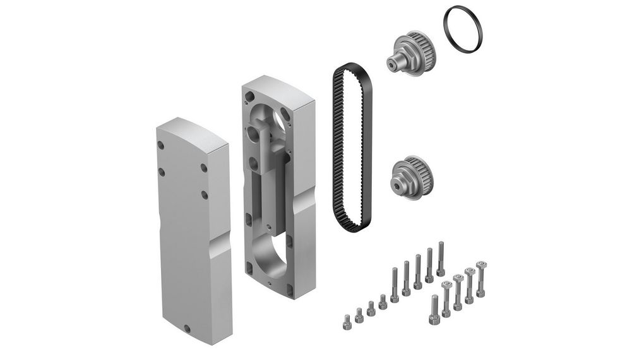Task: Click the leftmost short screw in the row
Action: point(347,321)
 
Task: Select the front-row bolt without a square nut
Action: point(434,309)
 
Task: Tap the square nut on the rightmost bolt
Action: point(481,263)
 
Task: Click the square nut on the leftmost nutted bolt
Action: point(446,285)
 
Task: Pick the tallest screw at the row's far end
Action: point(441,259)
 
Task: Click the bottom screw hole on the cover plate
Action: point(188,328)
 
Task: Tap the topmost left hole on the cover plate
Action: point(161,145)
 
